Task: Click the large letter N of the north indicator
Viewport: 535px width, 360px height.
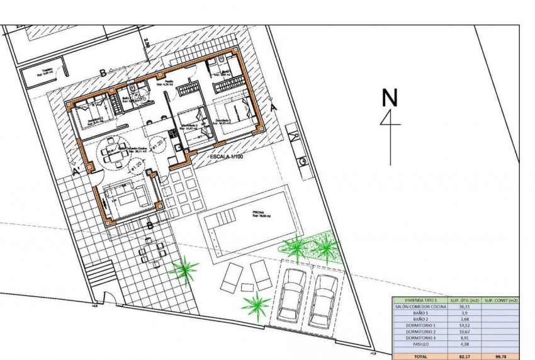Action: (x=390, y=98)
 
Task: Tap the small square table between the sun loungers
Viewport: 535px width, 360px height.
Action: (x=247, y=288)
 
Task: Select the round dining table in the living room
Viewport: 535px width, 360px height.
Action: (x=114, y=154)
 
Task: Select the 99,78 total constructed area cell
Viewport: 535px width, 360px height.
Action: (x=501, y=356)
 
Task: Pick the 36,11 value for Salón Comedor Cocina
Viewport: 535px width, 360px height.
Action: (x=465, y=307)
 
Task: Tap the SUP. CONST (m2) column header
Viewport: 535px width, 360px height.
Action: (x=501, y=300)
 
